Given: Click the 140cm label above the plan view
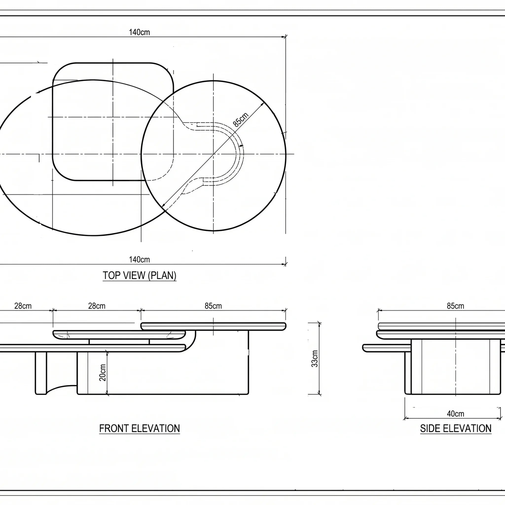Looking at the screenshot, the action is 139,32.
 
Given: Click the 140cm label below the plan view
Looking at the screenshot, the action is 139,260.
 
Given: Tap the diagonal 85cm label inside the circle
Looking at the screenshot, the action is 240,119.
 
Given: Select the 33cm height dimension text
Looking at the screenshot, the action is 315,359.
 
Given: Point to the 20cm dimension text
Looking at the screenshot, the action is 103,373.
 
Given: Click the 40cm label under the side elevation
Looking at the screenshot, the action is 456,414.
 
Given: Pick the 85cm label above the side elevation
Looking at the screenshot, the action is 456,306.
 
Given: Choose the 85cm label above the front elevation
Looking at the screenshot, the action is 213,306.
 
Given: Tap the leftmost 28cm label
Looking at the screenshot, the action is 23,306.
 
